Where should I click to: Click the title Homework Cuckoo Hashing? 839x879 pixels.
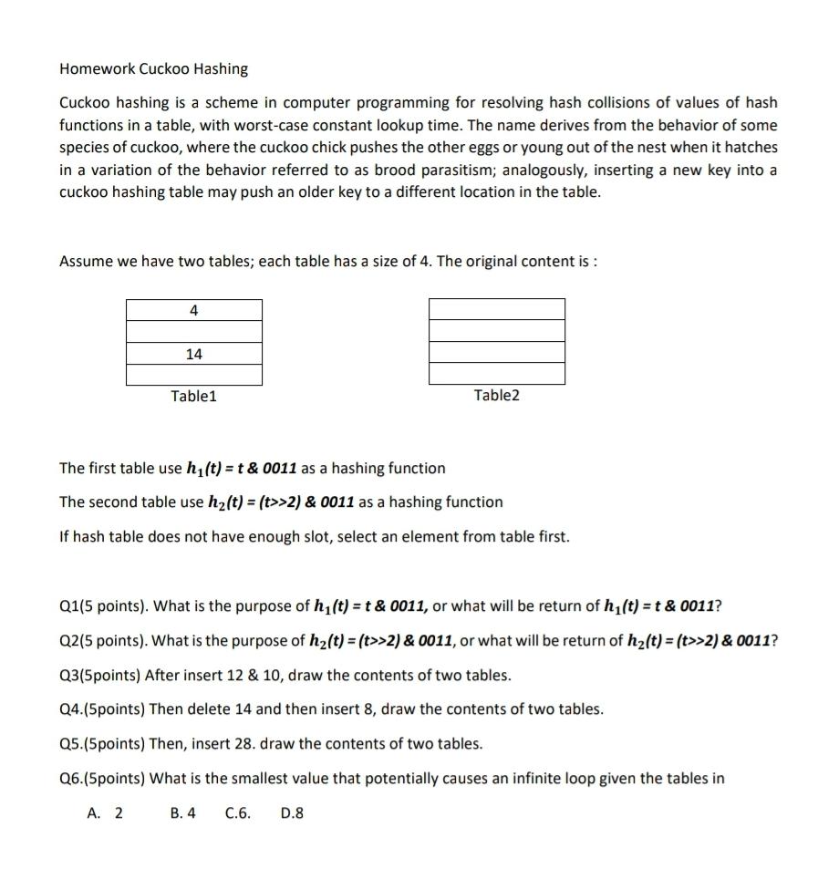coord(153,69)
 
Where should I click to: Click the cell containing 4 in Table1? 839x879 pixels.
coord(193,310)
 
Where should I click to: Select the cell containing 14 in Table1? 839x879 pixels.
coord(193,354)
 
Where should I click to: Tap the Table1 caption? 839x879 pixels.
coord(193,396)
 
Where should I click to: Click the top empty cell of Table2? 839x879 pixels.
coord(496,309)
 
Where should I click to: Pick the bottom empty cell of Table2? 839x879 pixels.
coord(496,374)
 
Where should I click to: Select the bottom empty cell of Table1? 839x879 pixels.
coord(193,375)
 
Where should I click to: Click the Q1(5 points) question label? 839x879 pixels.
coord(99,607)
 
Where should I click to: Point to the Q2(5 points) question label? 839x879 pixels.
coord(99,640)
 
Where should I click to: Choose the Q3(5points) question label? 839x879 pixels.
coord(98,676)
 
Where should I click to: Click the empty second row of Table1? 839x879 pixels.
coord(193,332)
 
